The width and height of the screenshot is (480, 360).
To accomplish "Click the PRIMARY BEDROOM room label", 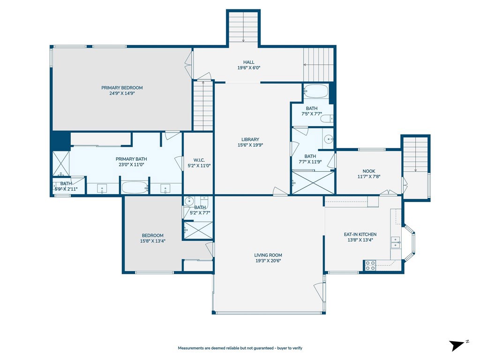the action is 122,88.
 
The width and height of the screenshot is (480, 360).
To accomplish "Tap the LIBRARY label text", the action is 250,140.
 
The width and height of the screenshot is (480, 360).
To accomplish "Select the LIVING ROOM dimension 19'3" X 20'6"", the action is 268,261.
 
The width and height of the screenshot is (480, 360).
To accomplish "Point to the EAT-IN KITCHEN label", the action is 360,234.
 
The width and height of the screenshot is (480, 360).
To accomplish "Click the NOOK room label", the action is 368,171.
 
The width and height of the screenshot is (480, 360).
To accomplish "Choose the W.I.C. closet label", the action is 199,160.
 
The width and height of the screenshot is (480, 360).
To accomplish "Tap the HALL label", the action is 248,62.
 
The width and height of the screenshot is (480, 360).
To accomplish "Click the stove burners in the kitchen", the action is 370,265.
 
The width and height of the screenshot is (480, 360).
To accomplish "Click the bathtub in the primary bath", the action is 135,187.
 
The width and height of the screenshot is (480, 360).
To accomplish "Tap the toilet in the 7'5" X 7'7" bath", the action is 328,119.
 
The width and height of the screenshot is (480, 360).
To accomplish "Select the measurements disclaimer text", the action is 240,348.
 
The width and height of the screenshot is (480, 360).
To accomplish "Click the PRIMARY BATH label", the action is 131,159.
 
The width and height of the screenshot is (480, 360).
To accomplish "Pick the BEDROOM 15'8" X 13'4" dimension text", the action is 153,241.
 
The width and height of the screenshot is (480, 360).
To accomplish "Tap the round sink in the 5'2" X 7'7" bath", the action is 189,201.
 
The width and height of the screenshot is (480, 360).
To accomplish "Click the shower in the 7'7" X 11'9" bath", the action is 313,183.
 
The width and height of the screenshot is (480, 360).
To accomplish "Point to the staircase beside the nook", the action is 415,155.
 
